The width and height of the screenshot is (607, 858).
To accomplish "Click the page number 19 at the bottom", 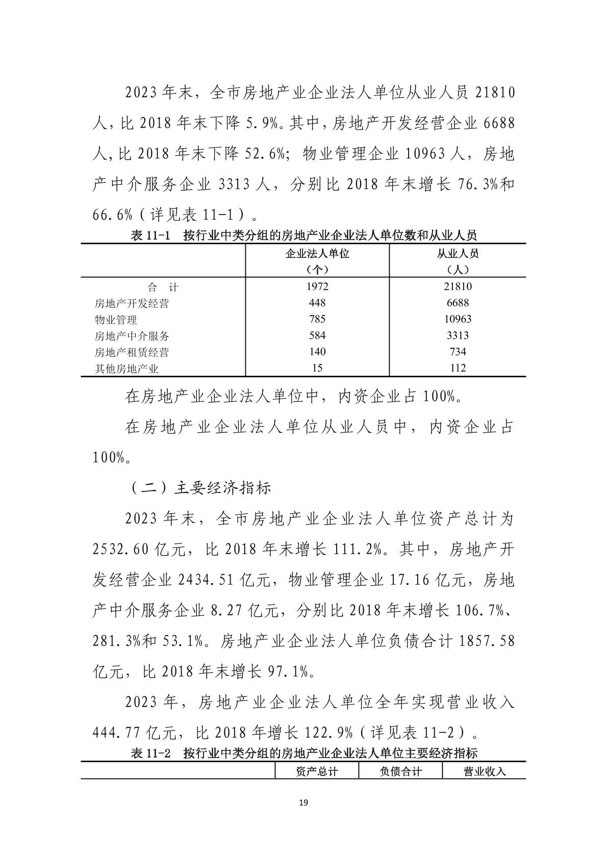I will click(x=303, y=803).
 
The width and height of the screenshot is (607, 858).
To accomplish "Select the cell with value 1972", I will click(x=317, y=287).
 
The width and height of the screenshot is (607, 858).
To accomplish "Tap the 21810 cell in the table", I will click(x=458, y=287).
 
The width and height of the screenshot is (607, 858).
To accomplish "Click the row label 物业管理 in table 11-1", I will click(x=116, y=320).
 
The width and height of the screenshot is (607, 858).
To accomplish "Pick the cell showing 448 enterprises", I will click(x=317, y=303).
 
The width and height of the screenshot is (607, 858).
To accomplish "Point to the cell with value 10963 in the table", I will click(x=458, y=319).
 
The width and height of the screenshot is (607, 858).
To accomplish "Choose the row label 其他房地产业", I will click(x=127, y=369).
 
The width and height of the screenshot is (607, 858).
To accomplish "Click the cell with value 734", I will click(x=458, y=352).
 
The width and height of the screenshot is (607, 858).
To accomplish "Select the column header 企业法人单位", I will click(x=317, y=254).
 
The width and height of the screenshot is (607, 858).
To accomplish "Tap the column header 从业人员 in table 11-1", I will click(x=458, y=254).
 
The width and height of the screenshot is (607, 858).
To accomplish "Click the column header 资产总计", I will click(x=317, y=771).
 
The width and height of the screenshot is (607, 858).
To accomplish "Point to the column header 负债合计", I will click(x=400, y=771).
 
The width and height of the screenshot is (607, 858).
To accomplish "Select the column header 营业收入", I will click(x=484, y=771).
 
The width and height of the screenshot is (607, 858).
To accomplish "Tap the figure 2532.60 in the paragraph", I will click(x=120, y=550).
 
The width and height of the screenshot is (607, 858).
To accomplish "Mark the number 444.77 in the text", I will click(x=117, y=733).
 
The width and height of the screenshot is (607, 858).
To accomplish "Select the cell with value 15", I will click(x=317, y=368).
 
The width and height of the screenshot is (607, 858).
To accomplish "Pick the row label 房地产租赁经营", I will click(x=132, y=352).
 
